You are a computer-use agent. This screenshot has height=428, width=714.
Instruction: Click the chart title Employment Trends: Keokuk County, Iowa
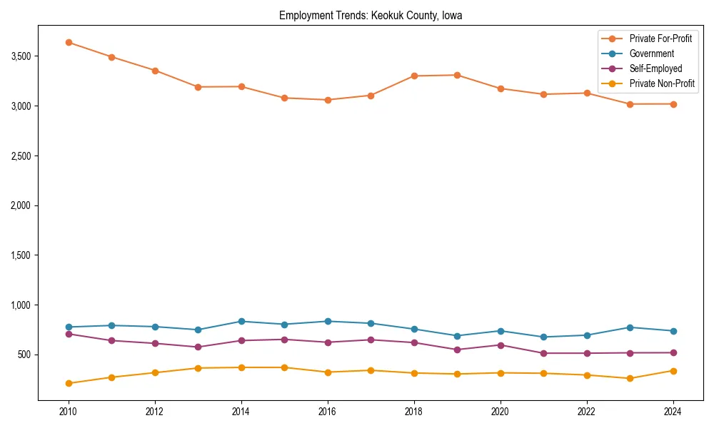[371, 16]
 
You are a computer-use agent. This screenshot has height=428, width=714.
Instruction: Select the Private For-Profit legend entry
[660, 39]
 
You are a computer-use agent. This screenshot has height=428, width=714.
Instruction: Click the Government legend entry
[651, 53]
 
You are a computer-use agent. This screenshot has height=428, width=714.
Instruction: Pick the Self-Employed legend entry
[655, 68]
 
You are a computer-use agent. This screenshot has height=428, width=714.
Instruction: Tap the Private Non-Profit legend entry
[662, 83]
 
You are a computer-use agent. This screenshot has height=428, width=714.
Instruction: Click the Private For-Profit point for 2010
[69, 43]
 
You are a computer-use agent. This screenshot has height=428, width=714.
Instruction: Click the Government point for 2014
[241, 322]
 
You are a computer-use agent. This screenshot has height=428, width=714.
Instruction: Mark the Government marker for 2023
[630, 327]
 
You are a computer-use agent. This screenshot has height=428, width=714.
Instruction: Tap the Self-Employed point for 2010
[69, 334]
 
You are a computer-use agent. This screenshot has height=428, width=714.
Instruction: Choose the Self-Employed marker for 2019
[457, 350]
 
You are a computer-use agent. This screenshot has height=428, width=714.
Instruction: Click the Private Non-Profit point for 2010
[69, 383]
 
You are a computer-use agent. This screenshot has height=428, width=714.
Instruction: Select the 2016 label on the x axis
[328, 412]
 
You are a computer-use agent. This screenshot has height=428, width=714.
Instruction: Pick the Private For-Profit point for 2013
[198, 87]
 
